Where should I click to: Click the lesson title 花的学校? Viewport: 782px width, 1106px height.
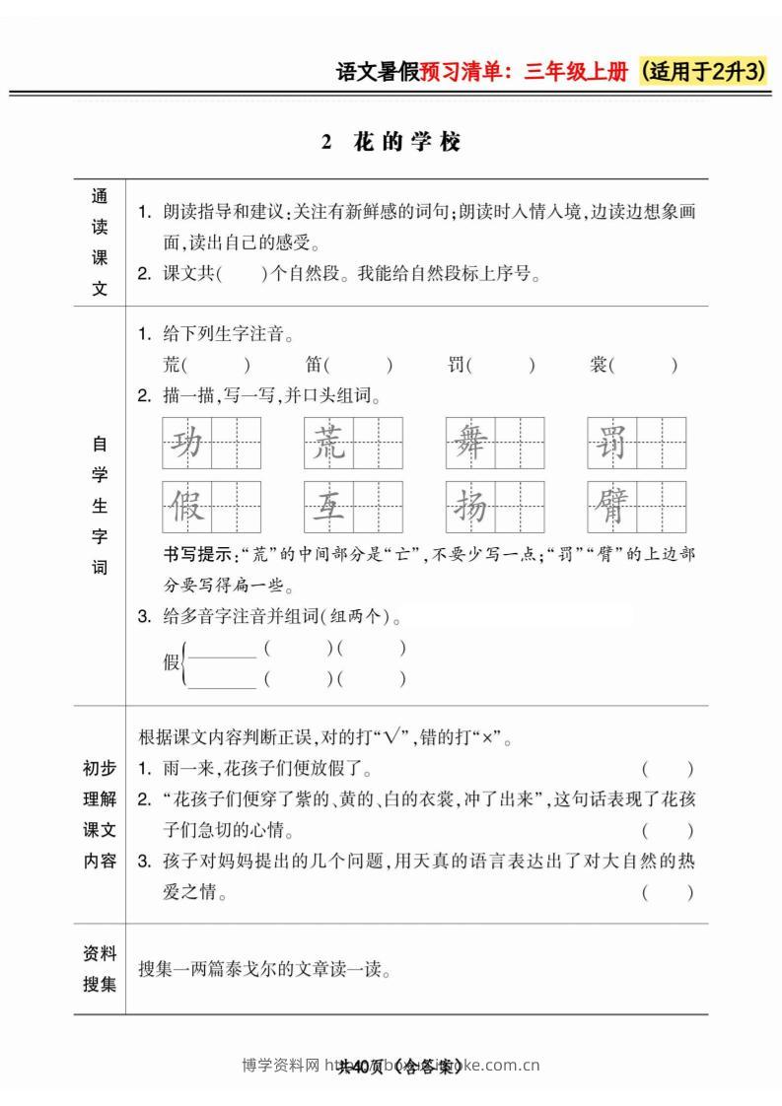405,142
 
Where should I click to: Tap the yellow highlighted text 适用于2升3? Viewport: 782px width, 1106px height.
703,72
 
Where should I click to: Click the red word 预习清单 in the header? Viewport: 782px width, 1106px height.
459,73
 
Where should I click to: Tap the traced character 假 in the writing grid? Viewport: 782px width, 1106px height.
186,507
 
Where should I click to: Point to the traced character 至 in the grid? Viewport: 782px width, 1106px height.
328,507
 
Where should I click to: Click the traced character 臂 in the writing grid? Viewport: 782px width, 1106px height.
612,507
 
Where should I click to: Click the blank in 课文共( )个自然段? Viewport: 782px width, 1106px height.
243,274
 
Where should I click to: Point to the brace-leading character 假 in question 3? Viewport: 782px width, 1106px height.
172,662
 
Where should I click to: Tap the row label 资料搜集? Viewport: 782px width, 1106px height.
99,969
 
